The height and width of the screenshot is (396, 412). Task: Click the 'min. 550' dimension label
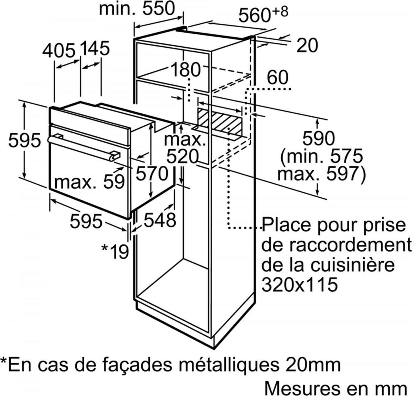point(137,8)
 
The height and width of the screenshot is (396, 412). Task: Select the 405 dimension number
point(59,51)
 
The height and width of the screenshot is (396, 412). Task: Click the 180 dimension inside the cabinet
point(186,70)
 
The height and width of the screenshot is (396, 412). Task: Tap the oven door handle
point(84,147)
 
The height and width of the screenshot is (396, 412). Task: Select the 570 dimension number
point(152,174)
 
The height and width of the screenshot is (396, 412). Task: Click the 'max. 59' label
point(89,182)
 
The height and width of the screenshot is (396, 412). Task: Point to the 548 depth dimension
point(160,220)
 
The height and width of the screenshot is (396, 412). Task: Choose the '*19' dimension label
point(115,251)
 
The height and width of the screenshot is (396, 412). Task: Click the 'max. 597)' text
point(321,174)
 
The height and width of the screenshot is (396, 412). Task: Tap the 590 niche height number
point(319,138)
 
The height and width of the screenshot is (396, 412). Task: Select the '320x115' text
point(300,284)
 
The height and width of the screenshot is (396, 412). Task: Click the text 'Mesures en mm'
point(336,388)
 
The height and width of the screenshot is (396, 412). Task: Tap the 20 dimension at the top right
point(307,45)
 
